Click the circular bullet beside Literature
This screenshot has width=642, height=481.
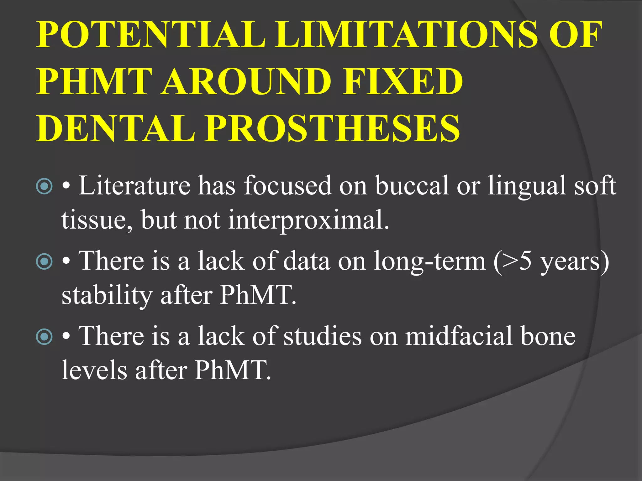click(x=44, y=186)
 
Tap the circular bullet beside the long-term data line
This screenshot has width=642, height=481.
click(x=44, y=261)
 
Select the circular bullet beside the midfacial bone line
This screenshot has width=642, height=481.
click(x=44, y=336)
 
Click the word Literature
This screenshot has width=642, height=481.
click(x=134, y=185)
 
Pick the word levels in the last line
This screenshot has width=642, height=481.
click(x=94, y=370)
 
